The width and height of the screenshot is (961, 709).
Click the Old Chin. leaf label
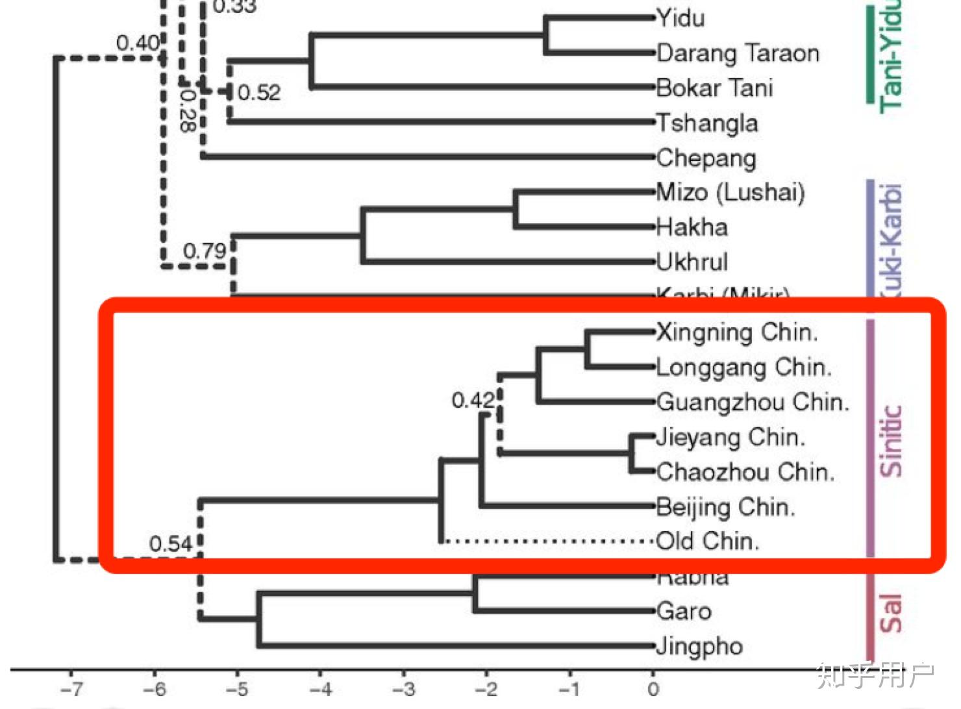pyautogui.click(x=708, y=541)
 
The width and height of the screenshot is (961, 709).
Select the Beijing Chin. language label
pyautogui.click(x=725, y=506)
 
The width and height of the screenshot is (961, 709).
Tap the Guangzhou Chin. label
pyautogui.click(x=753, y=402)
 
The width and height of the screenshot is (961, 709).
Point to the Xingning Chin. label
pyautogui.click(x=736, y=332)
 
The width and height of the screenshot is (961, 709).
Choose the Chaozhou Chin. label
pyautogui.click(x=745, y=471)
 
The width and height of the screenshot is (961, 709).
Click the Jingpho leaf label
pyautogui.click(x=699, y=646)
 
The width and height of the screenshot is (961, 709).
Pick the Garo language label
pyautogui.click(x=684, y=611)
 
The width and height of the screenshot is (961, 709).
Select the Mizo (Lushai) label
pyautogui.click(x=730, y=192)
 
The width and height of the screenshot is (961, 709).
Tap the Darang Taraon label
pyautogui.click(x=738, y=53)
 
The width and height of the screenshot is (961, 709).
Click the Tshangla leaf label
pyautogui.click(x=707, y=123)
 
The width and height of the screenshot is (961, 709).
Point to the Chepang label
pyautogui.click(x=706, y=158)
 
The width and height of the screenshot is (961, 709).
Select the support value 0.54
pyautogui.click(x=171, y=543)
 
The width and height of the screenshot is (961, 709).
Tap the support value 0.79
pyautogui.click(x=205, y=251)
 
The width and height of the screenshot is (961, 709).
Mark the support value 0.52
pyautogui.click(x=259, y=93)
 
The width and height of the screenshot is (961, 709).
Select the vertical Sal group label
pyautogui.click(x=891, y=613)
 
